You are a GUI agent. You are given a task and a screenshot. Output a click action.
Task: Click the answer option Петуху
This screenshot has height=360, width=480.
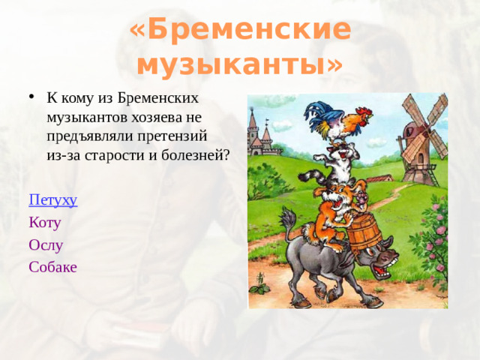coord(53,200)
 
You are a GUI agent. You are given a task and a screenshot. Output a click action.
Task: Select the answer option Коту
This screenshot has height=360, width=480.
coord(44,222)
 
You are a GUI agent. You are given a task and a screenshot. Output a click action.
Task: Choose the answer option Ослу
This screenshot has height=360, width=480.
coord(46,244)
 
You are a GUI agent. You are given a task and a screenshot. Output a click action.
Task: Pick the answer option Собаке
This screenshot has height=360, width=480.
coord(52,266)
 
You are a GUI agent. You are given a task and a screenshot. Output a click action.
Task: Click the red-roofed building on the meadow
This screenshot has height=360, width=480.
coord(379,178)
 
